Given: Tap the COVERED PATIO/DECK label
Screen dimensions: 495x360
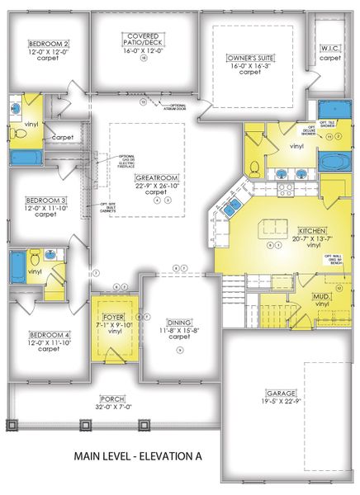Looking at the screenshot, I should [142, 35].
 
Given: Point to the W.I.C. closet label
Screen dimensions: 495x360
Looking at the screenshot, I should [330, 49].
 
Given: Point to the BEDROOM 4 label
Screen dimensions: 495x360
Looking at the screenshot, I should [48, 334].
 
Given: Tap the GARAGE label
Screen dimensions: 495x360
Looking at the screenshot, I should [280, 394].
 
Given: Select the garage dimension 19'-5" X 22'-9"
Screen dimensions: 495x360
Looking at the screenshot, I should [280, 402].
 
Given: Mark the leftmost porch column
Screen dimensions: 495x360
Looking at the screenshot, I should [12, 425].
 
